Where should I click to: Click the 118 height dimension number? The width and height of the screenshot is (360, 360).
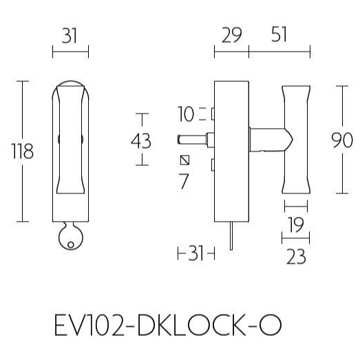point(23,151)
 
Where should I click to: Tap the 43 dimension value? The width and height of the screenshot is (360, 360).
point(141,140)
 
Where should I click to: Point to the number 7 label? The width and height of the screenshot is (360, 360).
point(183,182)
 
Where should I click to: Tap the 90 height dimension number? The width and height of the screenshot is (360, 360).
point(342,140)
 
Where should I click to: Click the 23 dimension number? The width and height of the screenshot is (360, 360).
point(295,257)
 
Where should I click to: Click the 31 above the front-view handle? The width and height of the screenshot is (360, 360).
point(70,36)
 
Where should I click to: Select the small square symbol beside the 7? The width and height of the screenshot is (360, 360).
point(184,160)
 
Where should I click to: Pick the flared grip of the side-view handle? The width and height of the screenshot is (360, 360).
point(295,141)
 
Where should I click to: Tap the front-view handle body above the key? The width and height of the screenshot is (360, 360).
point(70,148)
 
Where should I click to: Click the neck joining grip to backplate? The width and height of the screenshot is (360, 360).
point(268,140)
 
